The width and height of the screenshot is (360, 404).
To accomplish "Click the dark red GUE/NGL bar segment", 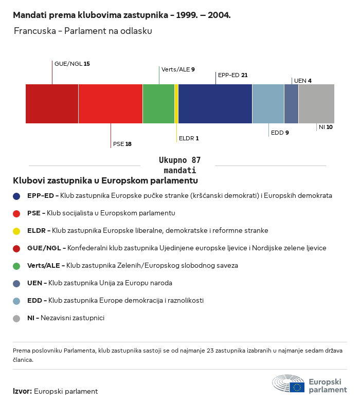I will [52, 104].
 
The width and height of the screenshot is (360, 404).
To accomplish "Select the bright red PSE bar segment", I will [111, 104].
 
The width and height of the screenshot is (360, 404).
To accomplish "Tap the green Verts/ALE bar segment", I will [158, 104].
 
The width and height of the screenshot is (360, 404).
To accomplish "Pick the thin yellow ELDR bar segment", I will [176, 104].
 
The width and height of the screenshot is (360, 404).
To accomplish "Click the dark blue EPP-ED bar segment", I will [215, 104].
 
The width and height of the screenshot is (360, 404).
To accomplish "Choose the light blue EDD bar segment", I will [268, 104].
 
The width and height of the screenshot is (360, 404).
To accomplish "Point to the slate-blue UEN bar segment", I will [291, 104].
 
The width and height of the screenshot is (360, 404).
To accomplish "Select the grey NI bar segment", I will [316, 104].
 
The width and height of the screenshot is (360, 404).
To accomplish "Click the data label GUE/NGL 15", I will [72, 64].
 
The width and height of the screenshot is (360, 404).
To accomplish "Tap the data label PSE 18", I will [122, 144].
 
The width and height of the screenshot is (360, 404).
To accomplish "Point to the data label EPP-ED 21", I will [232, 75].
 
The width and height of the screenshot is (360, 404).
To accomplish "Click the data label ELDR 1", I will [188, 138].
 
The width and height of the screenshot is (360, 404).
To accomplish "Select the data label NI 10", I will [326, 127].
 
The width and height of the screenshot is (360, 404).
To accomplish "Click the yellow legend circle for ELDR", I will [17, 231].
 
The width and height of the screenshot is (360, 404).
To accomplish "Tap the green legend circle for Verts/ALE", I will [17, 266].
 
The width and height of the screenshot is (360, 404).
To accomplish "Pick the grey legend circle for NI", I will [17, 318].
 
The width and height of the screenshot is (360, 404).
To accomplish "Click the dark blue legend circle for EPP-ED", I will [17, 196].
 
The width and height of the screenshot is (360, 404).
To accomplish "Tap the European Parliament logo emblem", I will [289, 384].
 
